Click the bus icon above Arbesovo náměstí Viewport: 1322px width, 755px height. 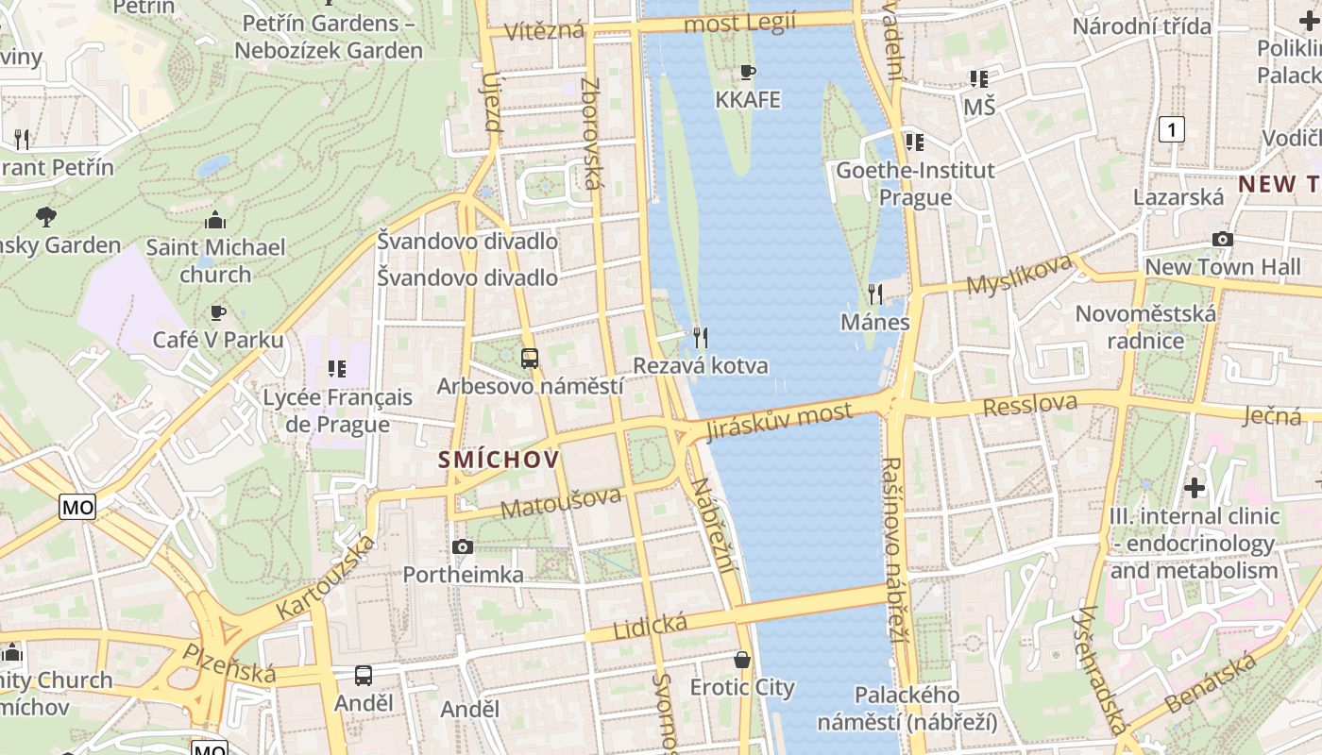point(529,359)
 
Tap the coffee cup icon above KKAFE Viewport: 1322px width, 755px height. point(748,72)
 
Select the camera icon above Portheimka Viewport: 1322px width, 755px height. point(462,546)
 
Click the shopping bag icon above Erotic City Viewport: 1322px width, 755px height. point(742,659)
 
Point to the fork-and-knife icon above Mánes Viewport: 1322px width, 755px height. point(875,294)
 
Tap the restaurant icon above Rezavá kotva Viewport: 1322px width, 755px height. point(700,337)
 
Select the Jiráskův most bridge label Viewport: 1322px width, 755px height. point(780,420)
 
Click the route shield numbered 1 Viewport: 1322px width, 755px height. point(1171,129)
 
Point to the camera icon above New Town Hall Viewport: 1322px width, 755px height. point(1222,240)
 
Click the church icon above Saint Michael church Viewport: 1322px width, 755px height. point(215,221)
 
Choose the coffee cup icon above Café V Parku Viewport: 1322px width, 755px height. point(218,312)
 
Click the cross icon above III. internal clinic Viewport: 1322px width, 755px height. point(1195,488)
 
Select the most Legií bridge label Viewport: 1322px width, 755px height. point(739,23)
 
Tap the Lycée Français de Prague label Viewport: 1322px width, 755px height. point(337,410)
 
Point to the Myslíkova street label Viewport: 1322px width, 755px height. point(1020,274)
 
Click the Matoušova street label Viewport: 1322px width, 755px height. point(561,502)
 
